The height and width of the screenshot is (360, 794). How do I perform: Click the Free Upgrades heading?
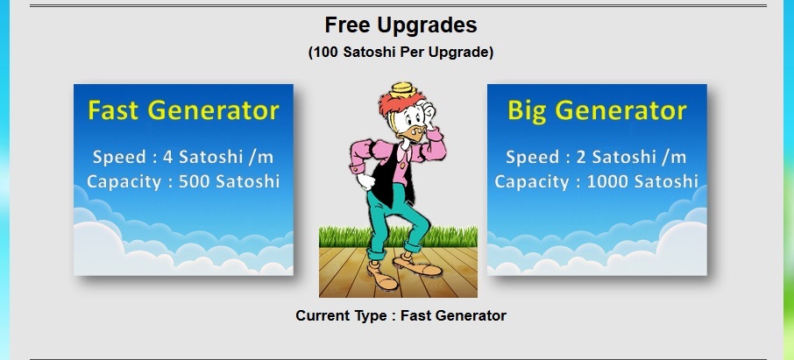(401, 25)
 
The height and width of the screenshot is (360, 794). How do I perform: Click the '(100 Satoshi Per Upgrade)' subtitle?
(401, 53)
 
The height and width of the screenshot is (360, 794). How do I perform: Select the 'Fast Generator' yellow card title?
(183, 110)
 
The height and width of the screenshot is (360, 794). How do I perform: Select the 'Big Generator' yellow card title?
(597, 110)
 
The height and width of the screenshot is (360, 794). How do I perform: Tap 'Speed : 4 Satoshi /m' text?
(183, 157)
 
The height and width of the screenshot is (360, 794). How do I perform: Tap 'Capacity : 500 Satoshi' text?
(183, 181)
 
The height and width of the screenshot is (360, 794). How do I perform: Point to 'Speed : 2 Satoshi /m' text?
(597, 157)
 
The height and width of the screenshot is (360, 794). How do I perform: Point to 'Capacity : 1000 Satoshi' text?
(597, 181)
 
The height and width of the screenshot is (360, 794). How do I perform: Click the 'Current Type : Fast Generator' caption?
(401, 315)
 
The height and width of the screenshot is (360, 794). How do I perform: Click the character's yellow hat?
(403, 89)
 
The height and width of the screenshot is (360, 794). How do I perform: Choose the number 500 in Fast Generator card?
(195, 181)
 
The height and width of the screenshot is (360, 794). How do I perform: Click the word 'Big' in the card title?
(527, 111)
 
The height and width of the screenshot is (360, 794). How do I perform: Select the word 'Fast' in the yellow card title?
(113, 109)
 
